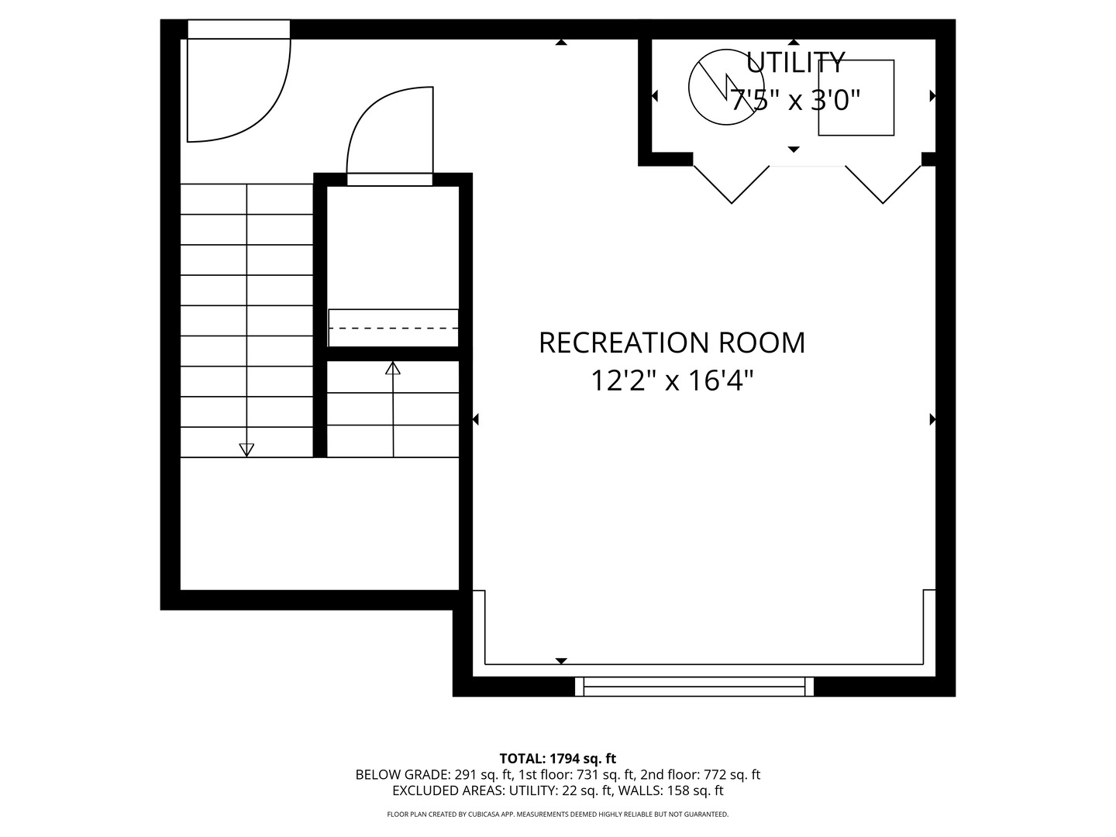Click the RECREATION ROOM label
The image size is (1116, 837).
click(671, 343)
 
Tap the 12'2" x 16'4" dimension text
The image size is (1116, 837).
click(671, 381)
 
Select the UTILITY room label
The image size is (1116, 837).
click(794, 62)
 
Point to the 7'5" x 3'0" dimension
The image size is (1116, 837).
click(796, 100)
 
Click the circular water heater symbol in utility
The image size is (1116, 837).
click(721, 87)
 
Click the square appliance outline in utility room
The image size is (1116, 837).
click(856, 98)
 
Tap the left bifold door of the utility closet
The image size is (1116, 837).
click(732, 184)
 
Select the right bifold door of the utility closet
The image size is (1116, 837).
click(883, 184)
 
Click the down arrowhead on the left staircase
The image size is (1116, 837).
click(246, 449)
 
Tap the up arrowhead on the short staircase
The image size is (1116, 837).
click(393, 368)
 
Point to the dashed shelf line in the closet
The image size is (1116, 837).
click(394, 329)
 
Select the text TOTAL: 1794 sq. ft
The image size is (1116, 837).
click(557, 759)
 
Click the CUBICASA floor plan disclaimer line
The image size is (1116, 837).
click(557, 815)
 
